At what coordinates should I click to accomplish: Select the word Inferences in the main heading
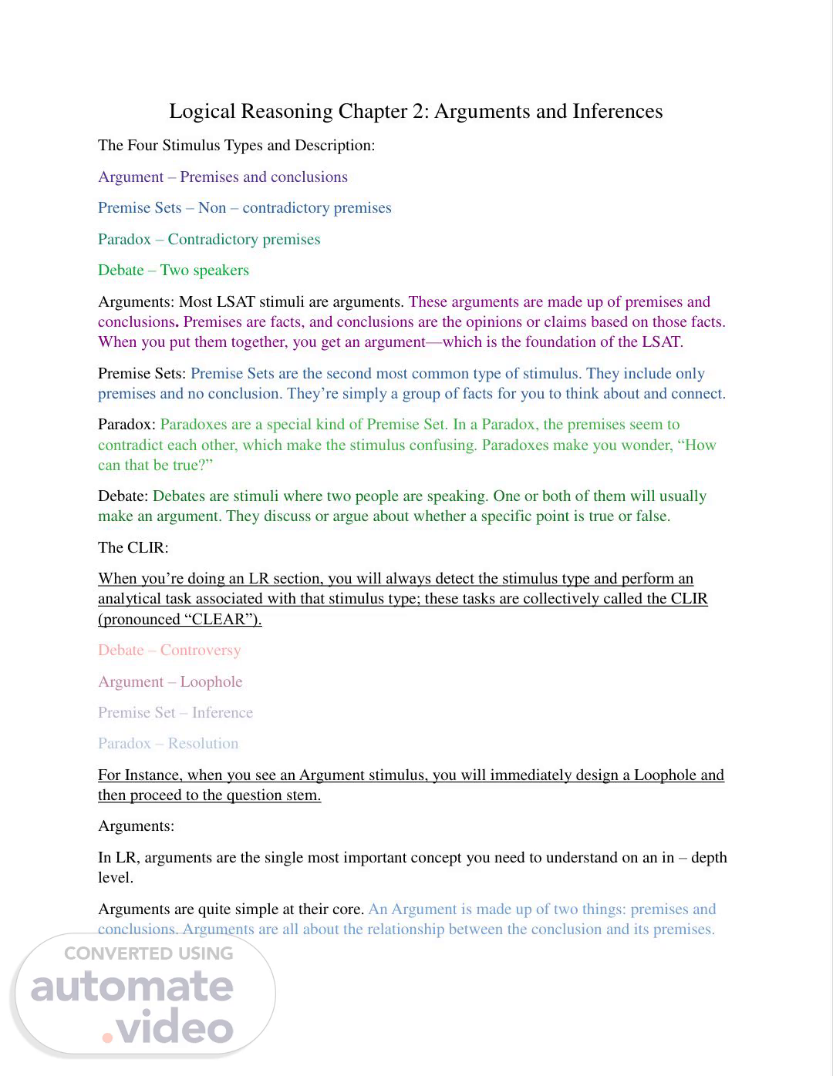pyautogui.click(x=617, y=112)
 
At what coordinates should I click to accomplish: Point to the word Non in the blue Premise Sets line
pyautogui.click(x=212, y=208)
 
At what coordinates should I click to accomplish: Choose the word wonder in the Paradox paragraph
pyautogui.click(x=643, y=446)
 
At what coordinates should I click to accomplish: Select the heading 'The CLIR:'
pyautogui.click(x=133, y=548)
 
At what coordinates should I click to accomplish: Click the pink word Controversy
pyautogui.click(x=201, y=651)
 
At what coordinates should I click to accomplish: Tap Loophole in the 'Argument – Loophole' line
pyautogui.click(x=211, y=682)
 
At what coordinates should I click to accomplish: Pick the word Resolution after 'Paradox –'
pyautogui.click(x=203, y=744)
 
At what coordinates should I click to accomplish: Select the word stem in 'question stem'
pyautogui.click(x=305, y=795)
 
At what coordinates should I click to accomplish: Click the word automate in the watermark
pyautogui.click(x=132, y=987)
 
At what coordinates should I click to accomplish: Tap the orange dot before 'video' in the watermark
pyautogui.click(x=107, y=1037)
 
